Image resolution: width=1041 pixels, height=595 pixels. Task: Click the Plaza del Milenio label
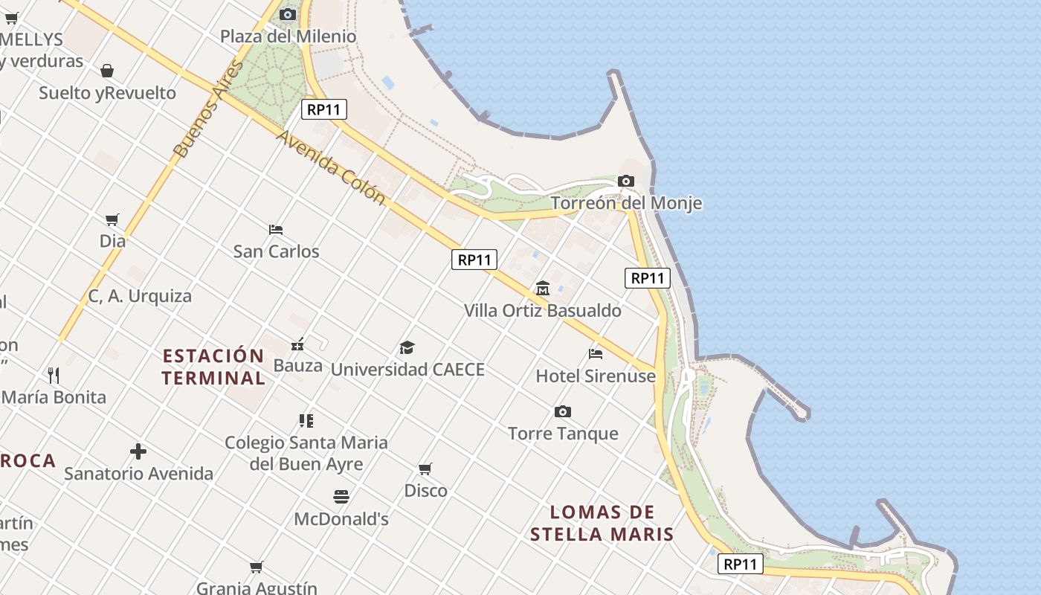click(x=288, y=36)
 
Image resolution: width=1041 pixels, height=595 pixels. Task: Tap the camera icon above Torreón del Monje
click(x=625, y=181)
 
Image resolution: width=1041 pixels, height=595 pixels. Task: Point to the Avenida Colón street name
click(x=331, y=168)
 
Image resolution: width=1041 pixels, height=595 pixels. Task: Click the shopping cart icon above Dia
click(x=112, y=220)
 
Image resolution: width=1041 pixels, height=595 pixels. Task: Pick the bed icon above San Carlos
click(x=276, y=230)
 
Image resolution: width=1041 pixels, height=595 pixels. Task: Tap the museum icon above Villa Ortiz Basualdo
click(x=543, y=289)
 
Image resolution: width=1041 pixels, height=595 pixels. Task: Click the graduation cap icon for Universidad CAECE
click(x=407, y=347)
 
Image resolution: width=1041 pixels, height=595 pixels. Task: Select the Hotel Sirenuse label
click(x=596, y=376)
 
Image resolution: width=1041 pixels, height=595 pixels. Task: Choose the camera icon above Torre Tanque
click(x=563, y=412)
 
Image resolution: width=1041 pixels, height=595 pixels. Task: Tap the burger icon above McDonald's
click(x=341, y=497)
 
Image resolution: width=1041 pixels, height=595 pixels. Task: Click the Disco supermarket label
click(x=425, y=491)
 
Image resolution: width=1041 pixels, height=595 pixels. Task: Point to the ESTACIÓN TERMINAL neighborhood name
click(x=213, y=367)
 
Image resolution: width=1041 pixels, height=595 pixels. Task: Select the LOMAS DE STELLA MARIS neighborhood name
click(x=602, y=523)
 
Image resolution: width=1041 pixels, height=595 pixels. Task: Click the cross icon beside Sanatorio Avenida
click(x=138, y=451)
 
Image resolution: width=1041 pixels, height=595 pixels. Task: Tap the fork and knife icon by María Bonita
click(x=54, y=375)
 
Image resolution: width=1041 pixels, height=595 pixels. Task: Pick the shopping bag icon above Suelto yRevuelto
click(x=107, y=71)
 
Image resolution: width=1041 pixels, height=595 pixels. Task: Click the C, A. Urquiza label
click(x=140, y=296)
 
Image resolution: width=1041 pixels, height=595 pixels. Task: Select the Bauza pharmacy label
click(x=297, y=365)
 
